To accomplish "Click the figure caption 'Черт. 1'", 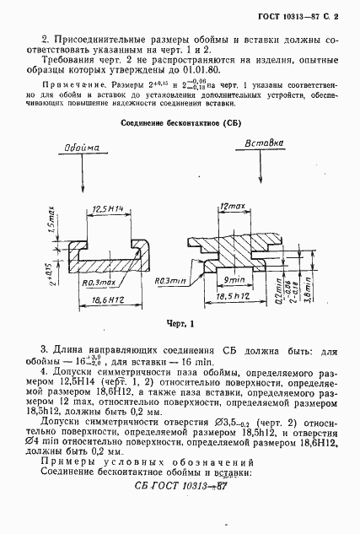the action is point(180,323).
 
